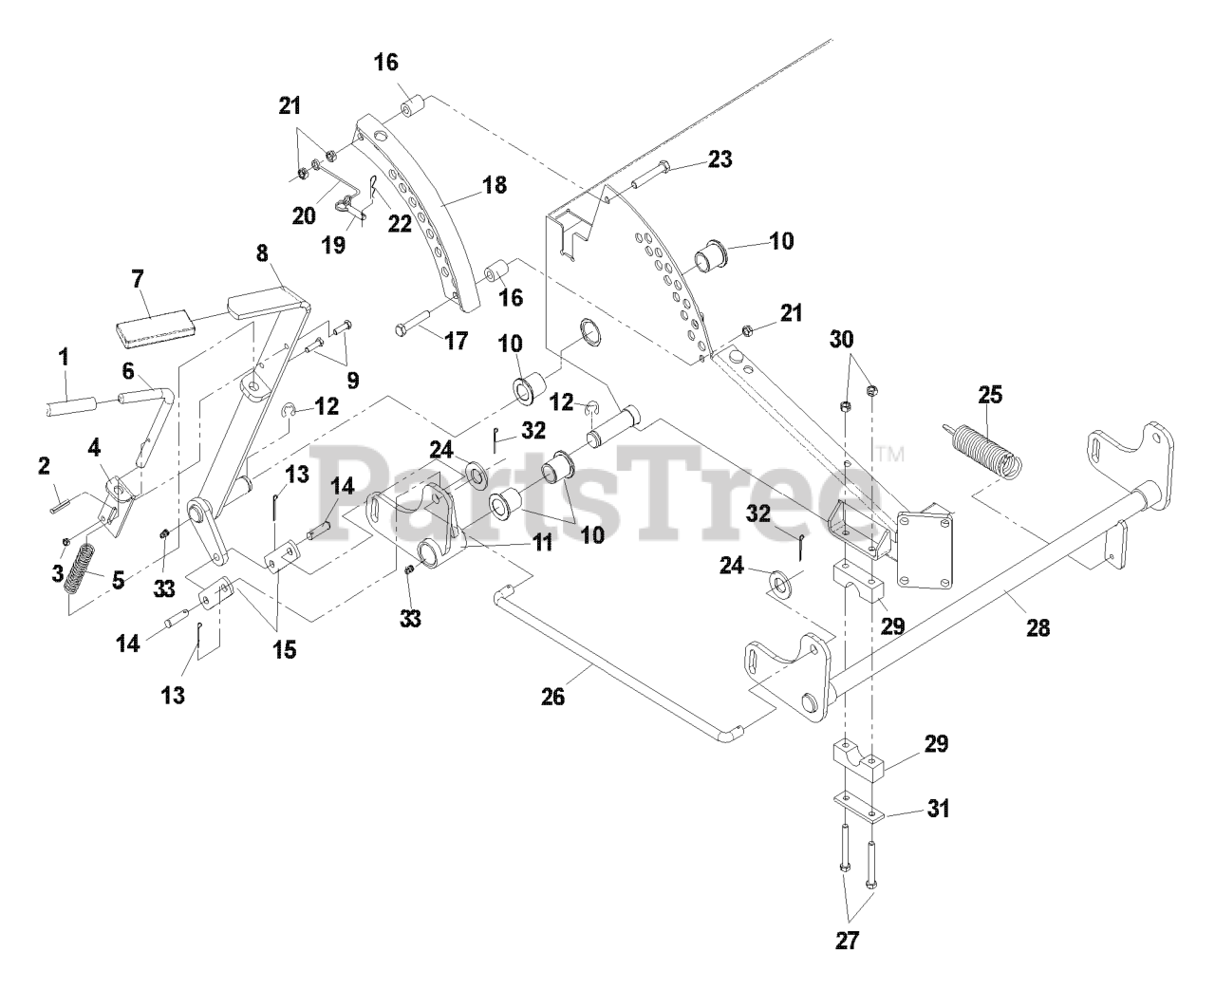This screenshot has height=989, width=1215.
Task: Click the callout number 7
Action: (138, 279)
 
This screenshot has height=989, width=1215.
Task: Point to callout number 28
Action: (1038, 628)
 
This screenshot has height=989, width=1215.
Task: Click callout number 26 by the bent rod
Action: (552, 698)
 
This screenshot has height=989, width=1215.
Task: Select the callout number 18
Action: (495, 184)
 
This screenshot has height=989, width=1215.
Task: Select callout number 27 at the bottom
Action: (847, 941)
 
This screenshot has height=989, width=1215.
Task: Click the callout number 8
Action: (263, 253)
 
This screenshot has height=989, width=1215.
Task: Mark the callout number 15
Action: (284, 650)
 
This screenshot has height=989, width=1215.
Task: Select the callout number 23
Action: (720, 159)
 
